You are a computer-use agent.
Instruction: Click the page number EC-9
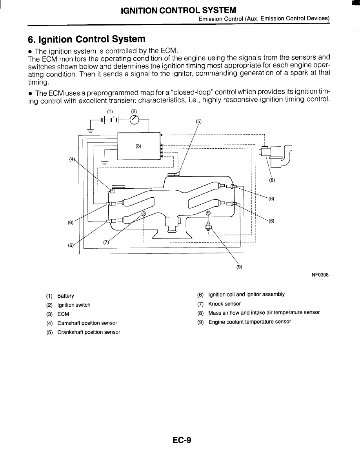(182, 440)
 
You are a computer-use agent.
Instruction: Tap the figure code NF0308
(320, 275)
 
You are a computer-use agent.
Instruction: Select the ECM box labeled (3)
(138, 146)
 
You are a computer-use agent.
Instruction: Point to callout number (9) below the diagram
(239, 267)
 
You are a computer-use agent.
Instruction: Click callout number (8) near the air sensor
(272, 180)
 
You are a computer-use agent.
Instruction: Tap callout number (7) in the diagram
(106, 242)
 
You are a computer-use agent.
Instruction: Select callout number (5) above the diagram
(198, 121)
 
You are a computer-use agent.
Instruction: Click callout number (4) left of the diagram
(72, 159)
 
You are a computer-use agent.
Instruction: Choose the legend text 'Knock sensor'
(225, 304)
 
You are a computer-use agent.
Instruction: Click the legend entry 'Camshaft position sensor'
(87, 323)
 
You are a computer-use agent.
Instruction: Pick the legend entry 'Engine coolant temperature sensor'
(250, 322)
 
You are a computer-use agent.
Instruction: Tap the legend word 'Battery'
(65, 296)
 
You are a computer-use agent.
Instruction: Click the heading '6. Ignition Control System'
(87, 39)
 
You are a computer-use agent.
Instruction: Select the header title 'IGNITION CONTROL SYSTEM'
(178, 11)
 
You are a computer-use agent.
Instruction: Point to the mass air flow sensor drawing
(276, 156)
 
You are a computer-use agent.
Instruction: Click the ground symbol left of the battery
(91, 130)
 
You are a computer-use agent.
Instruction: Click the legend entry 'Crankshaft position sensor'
(89, 332)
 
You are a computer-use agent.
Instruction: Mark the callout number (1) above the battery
(110, 112)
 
